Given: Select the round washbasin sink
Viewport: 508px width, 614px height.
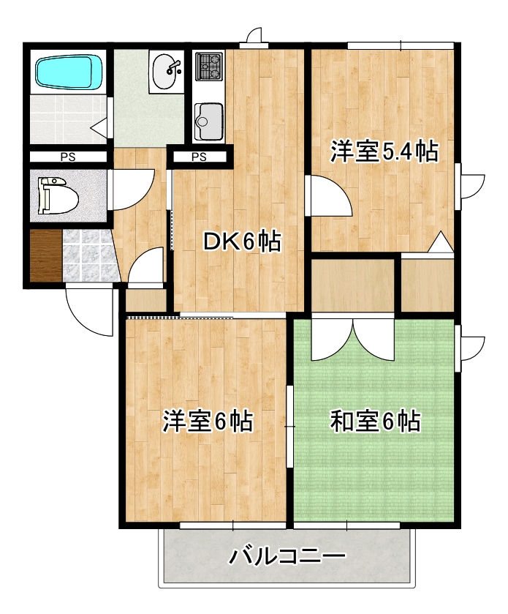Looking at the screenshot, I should point(166,70).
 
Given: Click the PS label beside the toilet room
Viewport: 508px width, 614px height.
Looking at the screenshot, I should point(67,157).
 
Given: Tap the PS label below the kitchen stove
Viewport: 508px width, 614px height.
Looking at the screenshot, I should point(199,157).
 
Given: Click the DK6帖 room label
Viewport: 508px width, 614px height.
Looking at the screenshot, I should point(242,242).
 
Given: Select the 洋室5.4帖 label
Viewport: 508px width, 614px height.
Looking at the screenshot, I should point(384,151).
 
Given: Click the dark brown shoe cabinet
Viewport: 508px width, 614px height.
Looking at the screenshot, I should point(45,255).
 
